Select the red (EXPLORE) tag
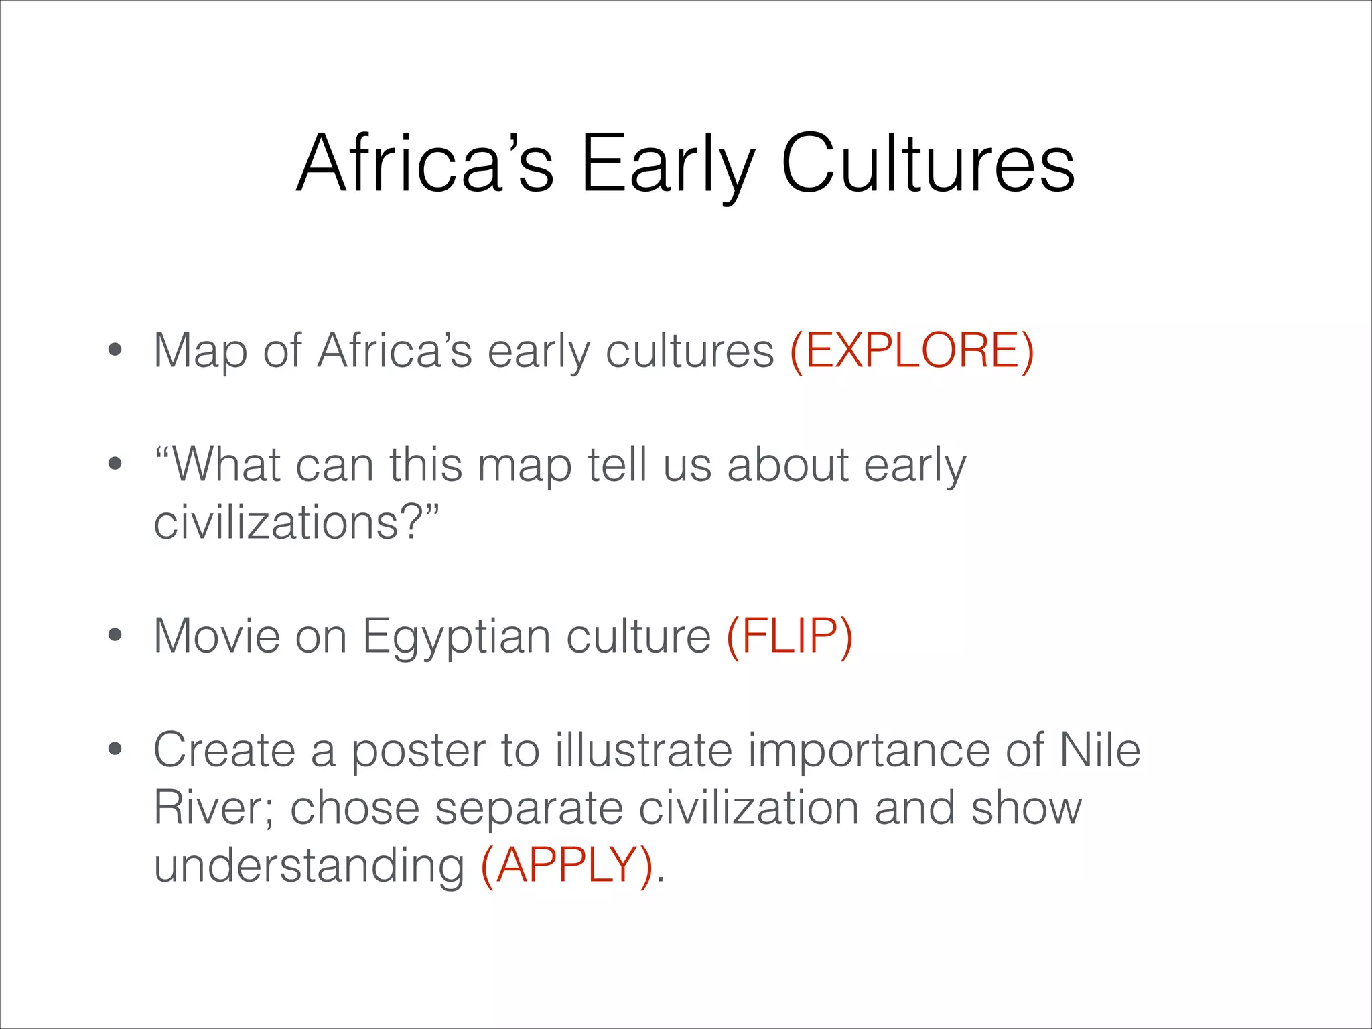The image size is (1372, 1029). [x=912, y=350]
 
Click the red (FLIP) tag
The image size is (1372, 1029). [x=789, y=636]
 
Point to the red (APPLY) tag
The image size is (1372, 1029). [x=567, y=865]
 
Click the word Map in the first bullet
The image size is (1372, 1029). [x=200, y=352]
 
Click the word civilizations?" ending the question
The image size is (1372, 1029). [x=296, y=523]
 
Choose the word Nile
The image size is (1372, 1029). [x=1099, y=750]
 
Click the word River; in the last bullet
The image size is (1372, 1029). [x=213, y=808]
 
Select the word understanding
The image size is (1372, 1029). [x=309, y=866]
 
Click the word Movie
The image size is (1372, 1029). [x=216, y=636]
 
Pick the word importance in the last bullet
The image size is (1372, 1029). [x=868, y=751]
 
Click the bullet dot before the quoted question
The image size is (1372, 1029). [x=115, y=464]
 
